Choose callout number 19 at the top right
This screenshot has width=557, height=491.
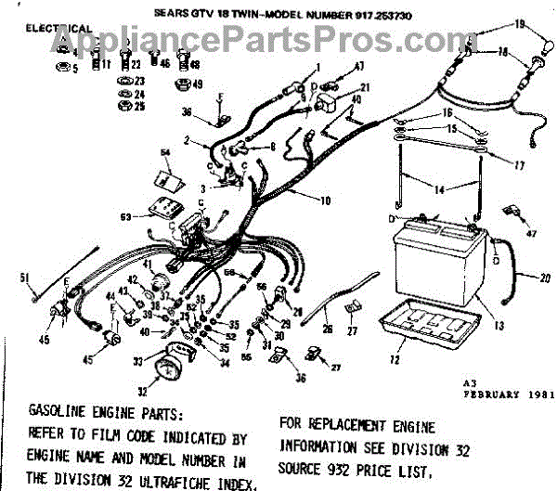tap(519, 23)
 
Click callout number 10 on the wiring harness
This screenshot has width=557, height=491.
tap(325, 200)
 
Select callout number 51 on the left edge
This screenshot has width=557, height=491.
tap(26, 277)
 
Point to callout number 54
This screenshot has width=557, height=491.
tap(165, 151)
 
